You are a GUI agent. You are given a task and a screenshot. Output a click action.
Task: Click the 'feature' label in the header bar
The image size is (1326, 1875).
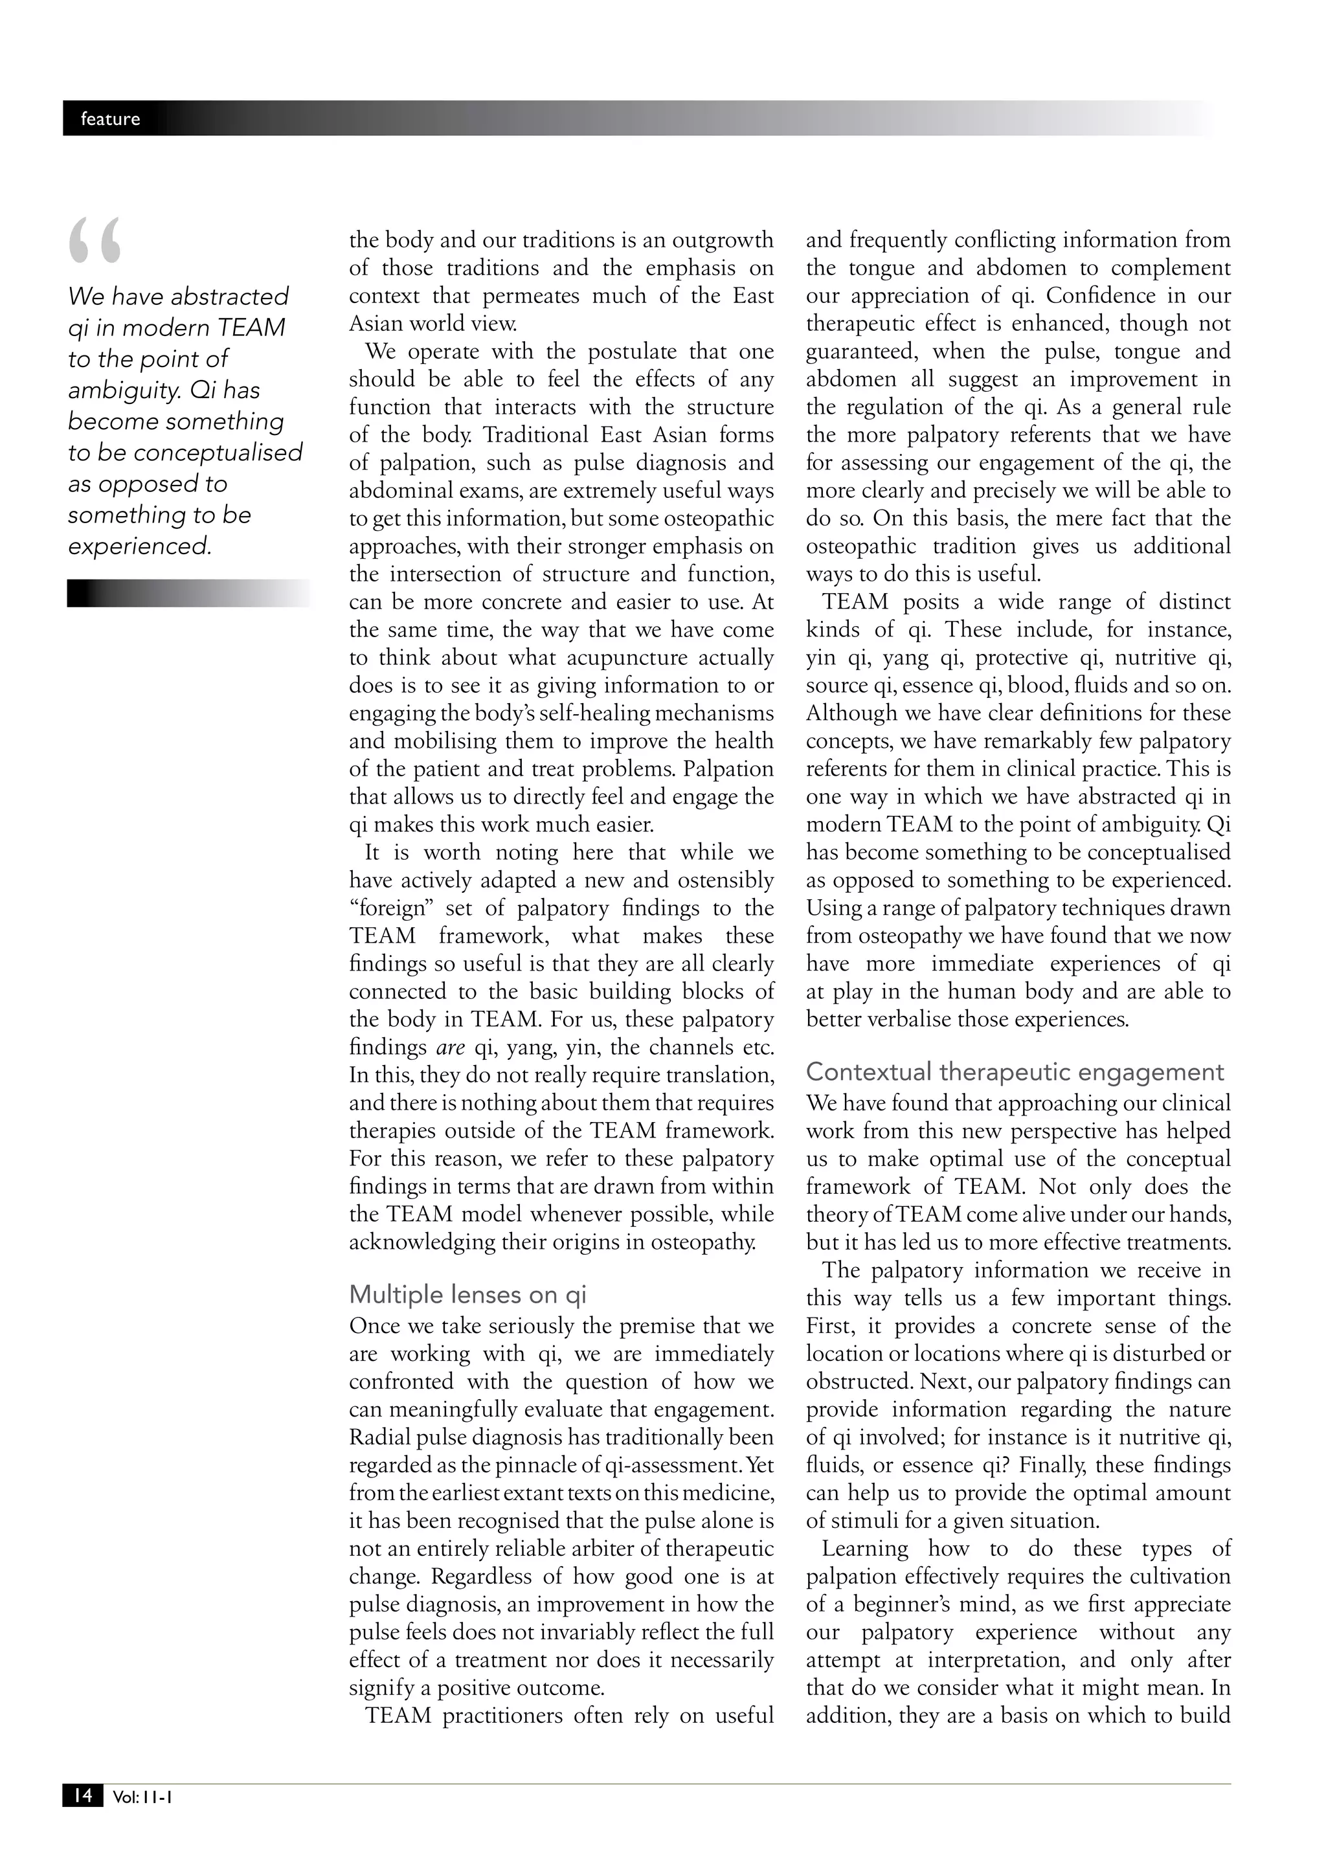point(110,119)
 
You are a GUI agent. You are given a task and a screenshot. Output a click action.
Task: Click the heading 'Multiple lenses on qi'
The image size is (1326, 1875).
point(468,1294)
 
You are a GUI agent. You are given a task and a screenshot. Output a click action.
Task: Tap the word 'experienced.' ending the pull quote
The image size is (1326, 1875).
point(140,546)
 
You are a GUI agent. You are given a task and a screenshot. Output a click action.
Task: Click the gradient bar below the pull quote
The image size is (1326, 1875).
point(188,593)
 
